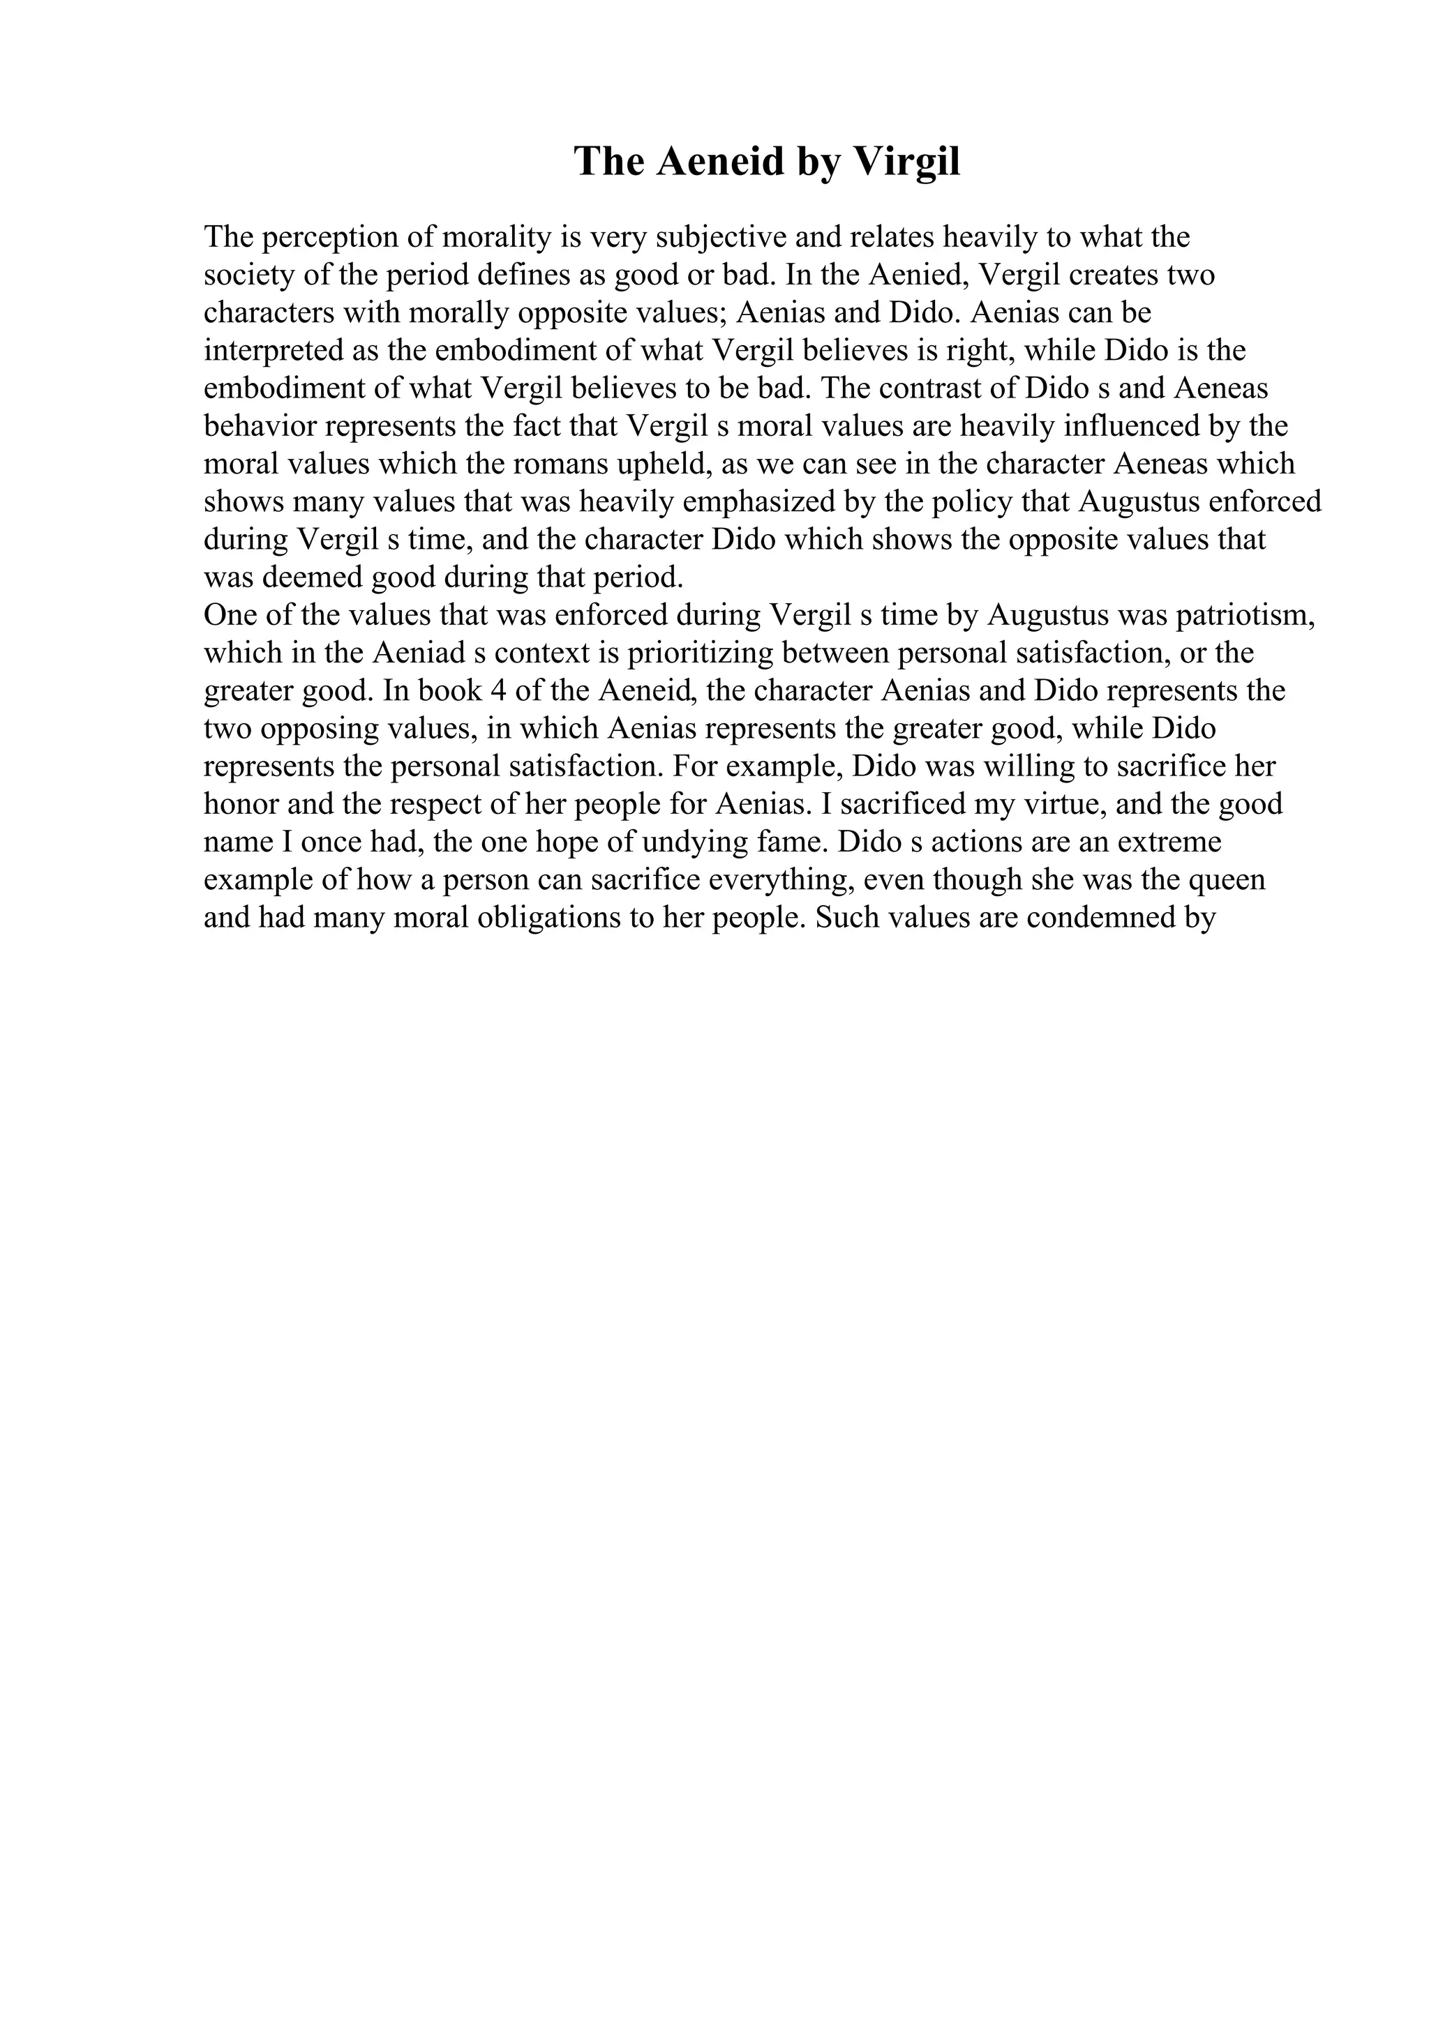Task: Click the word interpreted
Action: pyautogui.click(x=274, y=351)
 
